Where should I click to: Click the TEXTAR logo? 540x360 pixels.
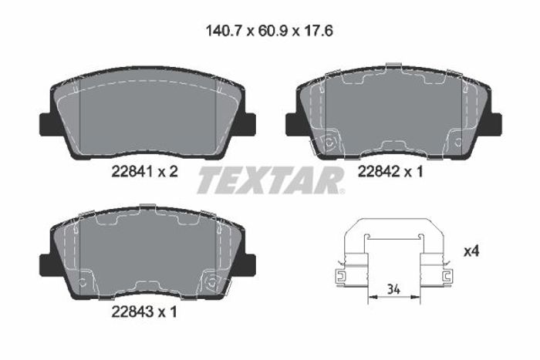tap(271, 180)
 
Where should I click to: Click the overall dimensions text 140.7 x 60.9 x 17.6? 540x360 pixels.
tap(269, 32)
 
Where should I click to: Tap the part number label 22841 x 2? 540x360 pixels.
tap(145, 171)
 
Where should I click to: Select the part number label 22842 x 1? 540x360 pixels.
tap(390, 171)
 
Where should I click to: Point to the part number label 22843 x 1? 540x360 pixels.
tap(144, 311)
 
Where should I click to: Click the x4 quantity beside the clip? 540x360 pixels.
tap(471, 251)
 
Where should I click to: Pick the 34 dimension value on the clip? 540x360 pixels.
tap(393, 289)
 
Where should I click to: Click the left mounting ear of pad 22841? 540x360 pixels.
tap(47, 125)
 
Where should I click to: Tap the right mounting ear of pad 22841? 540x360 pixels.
tap(248, 125)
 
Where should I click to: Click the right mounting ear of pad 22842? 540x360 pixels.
tap(494, 124)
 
